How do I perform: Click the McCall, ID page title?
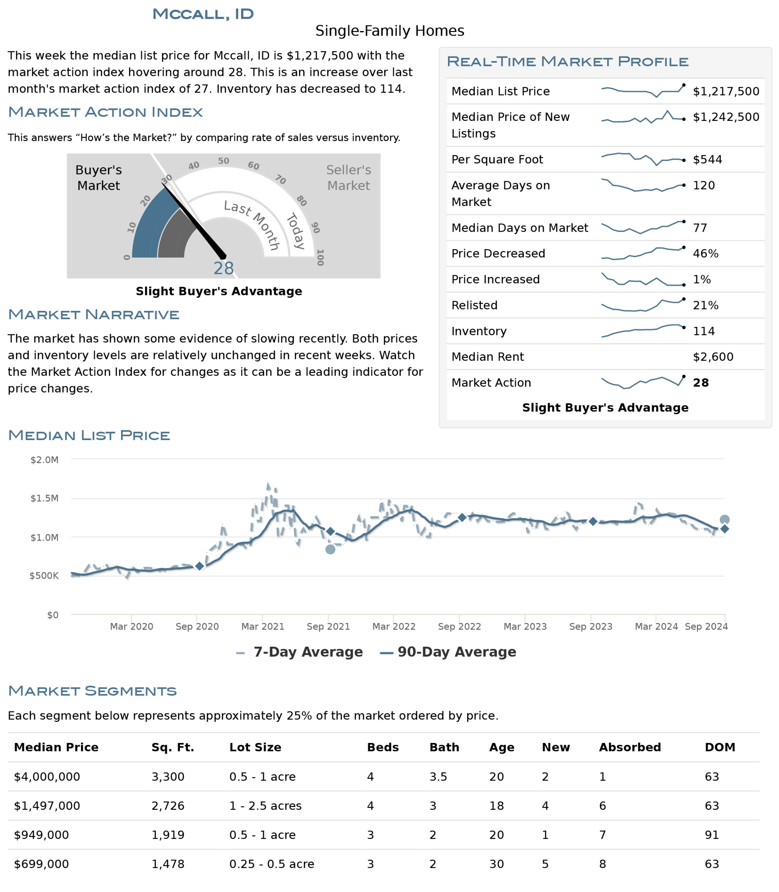pos(203,14)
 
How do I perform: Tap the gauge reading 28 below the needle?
pos(223,268)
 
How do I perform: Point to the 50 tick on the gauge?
pos(223,161)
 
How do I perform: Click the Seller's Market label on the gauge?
pos(349,178)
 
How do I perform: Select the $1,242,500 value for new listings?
pos(726,117)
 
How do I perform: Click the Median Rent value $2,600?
pos(713,356)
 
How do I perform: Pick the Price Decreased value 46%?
pos(705,253)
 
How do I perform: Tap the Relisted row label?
pos(474,305)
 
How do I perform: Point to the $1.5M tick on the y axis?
pos(44,498)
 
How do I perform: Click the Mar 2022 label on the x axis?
pos(394,626)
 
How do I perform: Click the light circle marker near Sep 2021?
pos(330,549)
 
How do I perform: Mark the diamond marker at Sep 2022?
pos(462,517)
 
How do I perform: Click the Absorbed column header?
pos(630,747)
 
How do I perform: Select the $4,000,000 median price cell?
pos(47,776)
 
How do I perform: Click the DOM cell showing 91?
pos(712,835)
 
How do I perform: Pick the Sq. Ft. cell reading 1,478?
pos(168,864)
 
